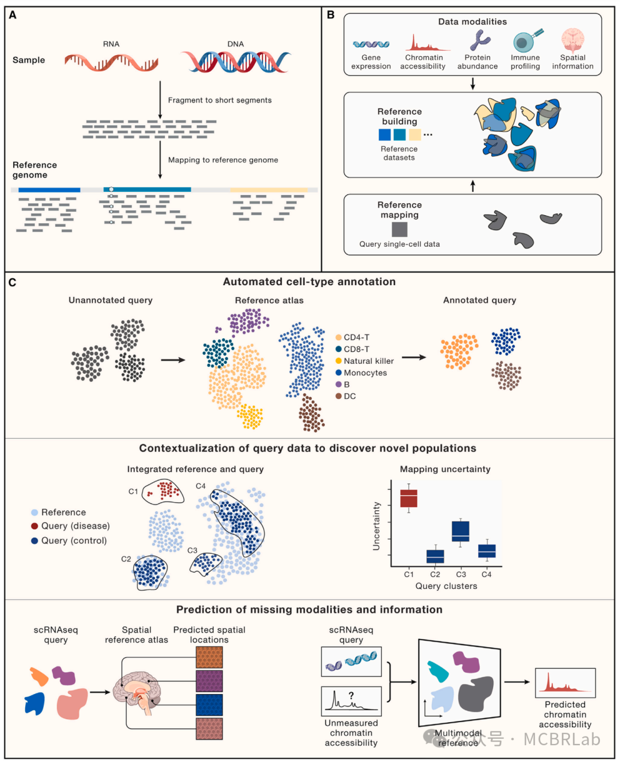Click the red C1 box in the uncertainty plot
[409, 498]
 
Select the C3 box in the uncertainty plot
[460, 532]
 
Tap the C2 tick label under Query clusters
[435, 574]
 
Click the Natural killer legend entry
[368, 361]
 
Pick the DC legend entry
[349, 396]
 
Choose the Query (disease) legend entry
[75, 526]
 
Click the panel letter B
[331, 15]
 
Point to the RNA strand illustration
[111, 62]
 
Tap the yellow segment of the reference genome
[269, 189]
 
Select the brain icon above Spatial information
[572, 41]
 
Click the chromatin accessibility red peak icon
[427, 43]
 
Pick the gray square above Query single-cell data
[400, 229]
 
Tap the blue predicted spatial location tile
[209, 704]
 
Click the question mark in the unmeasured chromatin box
[351, 696]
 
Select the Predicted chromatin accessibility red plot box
[565, 683]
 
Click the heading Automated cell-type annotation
[309, 282]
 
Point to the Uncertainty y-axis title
[377, 526]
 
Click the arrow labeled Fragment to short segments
[160, 100]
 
